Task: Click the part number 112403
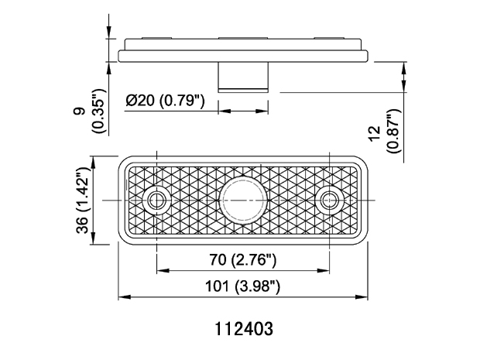(244, 329)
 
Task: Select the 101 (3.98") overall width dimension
(242, 286)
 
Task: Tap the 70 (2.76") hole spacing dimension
(243, 260)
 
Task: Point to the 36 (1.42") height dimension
(83, 201)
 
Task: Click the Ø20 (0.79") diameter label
(165, 100)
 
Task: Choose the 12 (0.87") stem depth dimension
(385, 131)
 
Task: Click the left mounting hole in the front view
(156, 201)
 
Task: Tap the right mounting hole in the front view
(330, 201)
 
